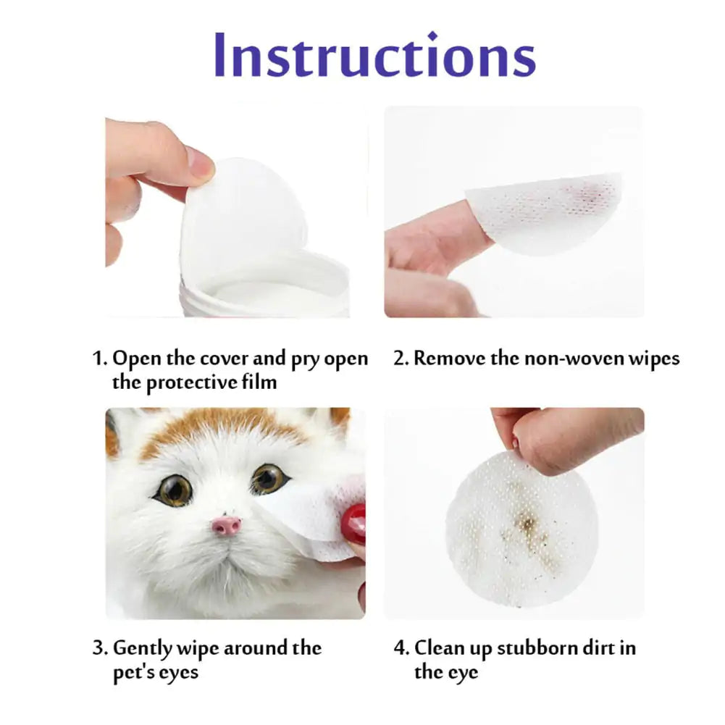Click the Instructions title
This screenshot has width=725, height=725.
(374, 55)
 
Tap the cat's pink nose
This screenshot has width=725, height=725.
(227, 524)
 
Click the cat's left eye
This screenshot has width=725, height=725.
(173, 490)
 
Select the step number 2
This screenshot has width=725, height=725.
(400, 359)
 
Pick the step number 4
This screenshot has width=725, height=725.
(401, 648)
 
